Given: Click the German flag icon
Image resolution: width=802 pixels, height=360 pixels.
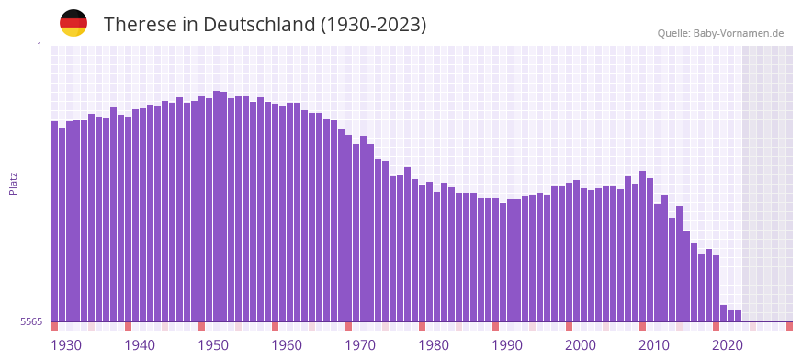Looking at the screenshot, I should point(73,23).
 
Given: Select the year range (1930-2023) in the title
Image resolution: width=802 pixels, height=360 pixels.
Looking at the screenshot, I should point(373,25).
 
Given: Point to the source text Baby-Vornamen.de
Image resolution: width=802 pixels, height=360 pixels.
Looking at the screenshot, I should point(739,33).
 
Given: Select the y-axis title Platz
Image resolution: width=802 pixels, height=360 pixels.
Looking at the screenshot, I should point(13,184).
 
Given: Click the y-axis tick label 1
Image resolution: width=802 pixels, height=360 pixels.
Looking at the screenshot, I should point(39,46).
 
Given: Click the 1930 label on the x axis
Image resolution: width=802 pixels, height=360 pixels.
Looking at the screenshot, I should point(66,345).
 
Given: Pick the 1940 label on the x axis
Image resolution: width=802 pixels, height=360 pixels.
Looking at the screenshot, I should point(140,345).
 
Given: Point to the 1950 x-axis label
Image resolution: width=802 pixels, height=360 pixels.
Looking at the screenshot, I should point(213,345).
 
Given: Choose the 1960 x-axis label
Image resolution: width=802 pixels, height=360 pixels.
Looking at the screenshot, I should point(287,345).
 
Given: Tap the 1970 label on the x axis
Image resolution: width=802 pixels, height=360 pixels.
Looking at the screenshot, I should point(360,345).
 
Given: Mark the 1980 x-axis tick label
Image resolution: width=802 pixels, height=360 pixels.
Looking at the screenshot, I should point(434,345).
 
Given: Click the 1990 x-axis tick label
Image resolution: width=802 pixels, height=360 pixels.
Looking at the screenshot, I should point(507,345).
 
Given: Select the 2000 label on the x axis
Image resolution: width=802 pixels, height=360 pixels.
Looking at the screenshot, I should point(581,345).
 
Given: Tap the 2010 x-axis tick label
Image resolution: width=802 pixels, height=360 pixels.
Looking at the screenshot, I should point(654,345).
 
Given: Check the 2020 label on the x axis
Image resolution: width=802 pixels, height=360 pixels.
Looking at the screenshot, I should point(728,345).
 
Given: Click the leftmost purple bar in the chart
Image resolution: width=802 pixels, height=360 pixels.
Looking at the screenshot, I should point(54,220).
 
